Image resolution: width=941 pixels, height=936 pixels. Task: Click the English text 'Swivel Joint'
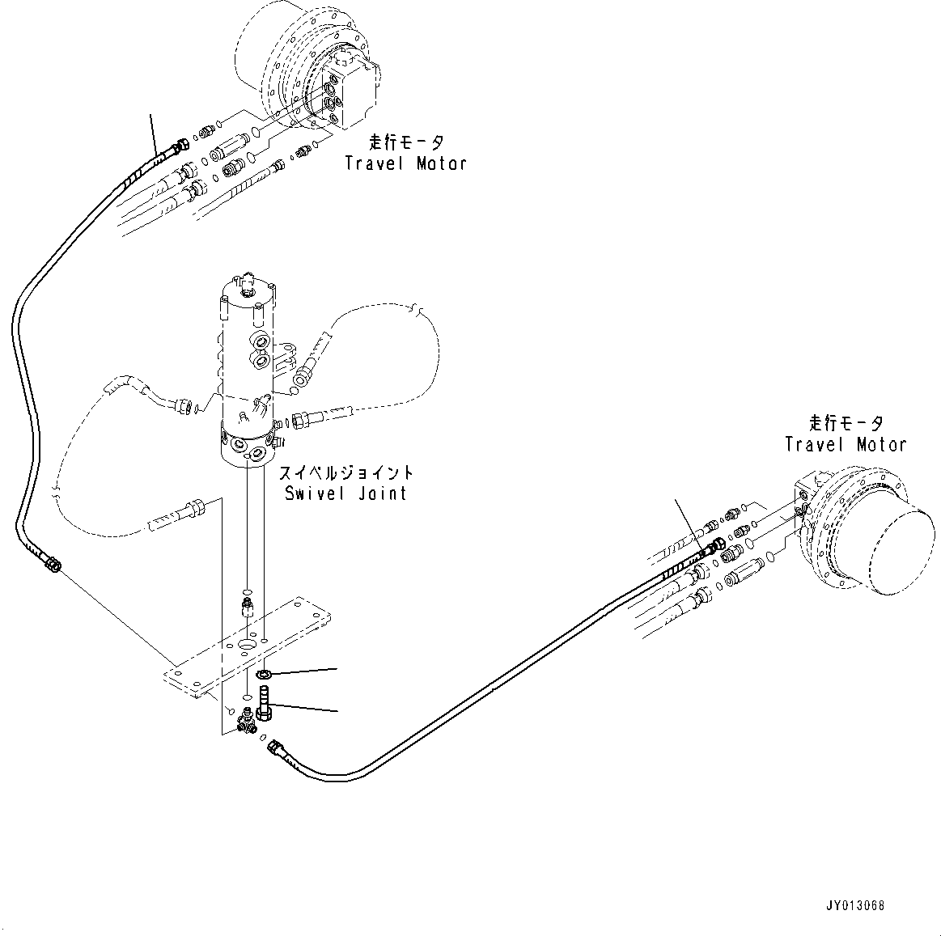pyautogui.click(x=345, y=493)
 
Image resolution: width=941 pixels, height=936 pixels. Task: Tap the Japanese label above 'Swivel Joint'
pyautogui.click(x=345, y=472)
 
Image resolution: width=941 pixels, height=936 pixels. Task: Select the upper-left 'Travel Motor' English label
pyautogui.click(x=405, y=163)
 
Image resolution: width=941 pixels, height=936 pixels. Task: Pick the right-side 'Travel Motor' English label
pyautogui.click(x=846, y=444)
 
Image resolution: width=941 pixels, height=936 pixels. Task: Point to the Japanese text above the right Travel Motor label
pyautogui.click(x=846, y=423)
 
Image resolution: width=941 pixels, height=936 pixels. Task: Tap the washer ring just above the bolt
pyautogui.click(x=263, y=674)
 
